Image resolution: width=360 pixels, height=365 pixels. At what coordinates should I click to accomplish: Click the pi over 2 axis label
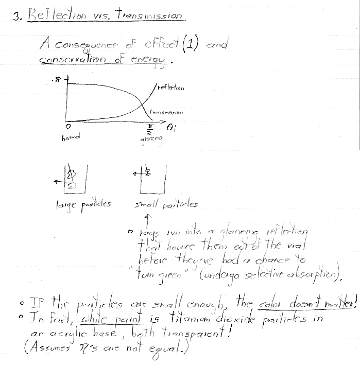[151, 128]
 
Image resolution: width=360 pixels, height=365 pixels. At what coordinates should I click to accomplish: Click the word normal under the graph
[69, 138]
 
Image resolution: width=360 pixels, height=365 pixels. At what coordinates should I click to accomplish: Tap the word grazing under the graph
[150, 140]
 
